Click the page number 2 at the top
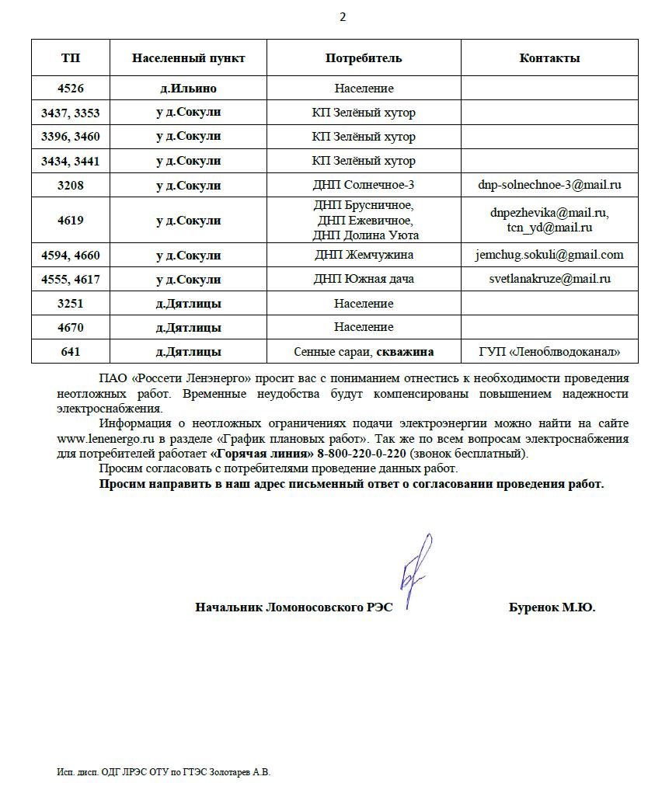[x=343, y=17]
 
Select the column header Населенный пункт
[x=188, y=58]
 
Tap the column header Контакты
[x=549, y=58]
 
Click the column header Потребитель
[x=364, y=58]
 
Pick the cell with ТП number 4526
[x=70, y=89]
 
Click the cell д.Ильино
[x=188, y=89]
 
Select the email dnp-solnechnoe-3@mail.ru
[x=549, y=185]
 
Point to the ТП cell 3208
[x=70, y=185]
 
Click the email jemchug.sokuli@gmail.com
[x=549, y=255]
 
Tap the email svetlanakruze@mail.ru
[x=549, y=279]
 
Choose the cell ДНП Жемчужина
[x=364, y=255]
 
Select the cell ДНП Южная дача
[x=364, y=279]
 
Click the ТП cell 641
[x=70, y=352]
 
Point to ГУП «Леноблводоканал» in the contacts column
[x=549, y=352]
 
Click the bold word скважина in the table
[x=405, y=352]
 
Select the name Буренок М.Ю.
[x=552, y=607]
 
